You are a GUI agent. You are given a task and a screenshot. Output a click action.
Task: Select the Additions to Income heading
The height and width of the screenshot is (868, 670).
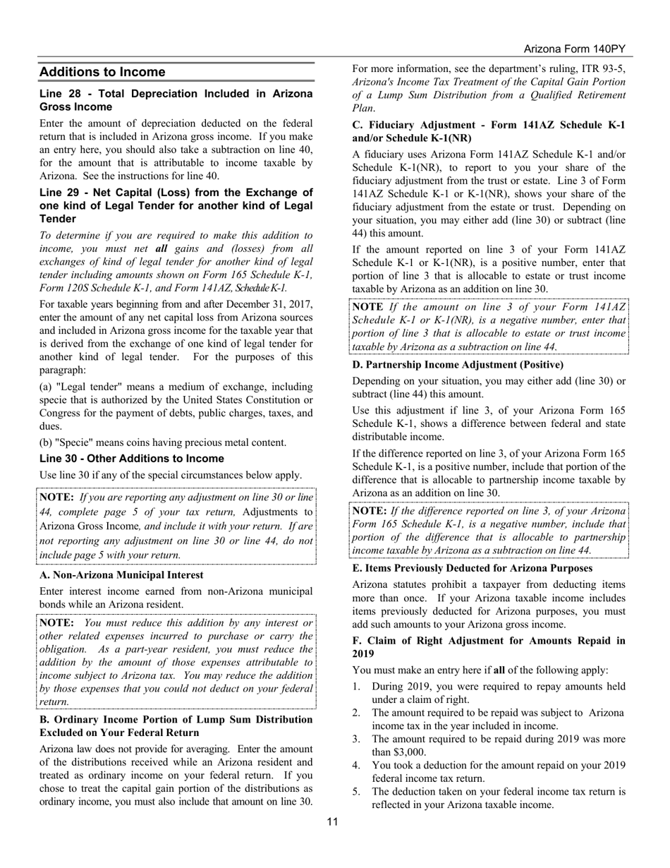[x=102, y=72]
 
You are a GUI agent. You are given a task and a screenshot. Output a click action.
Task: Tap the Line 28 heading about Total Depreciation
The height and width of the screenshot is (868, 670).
[x=176, y=100]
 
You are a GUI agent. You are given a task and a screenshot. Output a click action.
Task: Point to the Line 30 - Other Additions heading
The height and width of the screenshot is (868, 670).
[x=131, y=459]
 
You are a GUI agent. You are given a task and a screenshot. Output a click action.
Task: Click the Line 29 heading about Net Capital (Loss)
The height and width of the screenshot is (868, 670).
[x=176, y=205]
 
